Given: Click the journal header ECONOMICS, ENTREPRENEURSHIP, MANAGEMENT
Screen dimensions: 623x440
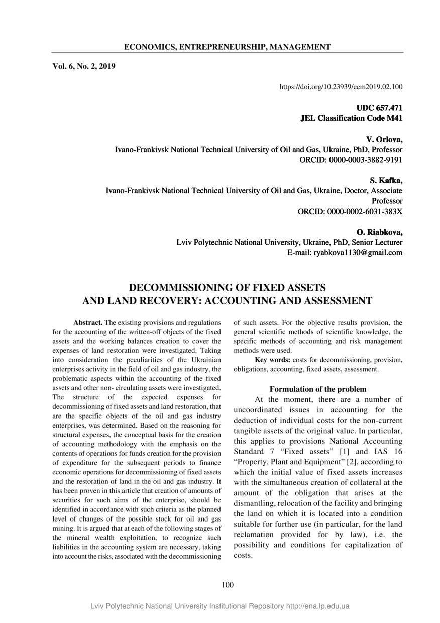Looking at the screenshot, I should point(227,47).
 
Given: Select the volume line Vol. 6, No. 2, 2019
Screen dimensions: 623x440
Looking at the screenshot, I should point(84,65).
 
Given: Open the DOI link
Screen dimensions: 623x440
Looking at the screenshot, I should point(341,87).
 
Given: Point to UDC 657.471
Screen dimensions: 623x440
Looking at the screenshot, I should point(379,108).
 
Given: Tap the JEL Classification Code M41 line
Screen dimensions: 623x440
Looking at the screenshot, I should point(351,118).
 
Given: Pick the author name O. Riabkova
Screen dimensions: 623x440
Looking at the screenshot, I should point(379,232).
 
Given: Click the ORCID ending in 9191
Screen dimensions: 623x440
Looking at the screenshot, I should point(351,160).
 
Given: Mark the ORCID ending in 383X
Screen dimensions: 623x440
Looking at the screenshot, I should point(350,212).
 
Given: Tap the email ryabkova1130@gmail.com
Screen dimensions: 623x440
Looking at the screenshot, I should point(345,253).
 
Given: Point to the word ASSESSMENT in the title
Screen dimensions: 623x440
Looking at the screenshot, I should point(334,301).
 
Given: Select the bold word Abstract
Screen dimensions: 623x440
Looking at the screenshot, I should point(88,322).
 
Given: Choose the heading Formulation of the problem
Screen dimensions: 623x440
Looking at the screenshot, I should point(318,389).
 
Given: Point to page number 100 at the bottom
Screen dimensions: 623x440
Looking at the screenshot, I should point(227,584).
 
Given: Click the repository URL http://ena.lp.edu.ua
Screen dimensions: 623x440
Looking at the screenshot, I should point(317,606).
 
